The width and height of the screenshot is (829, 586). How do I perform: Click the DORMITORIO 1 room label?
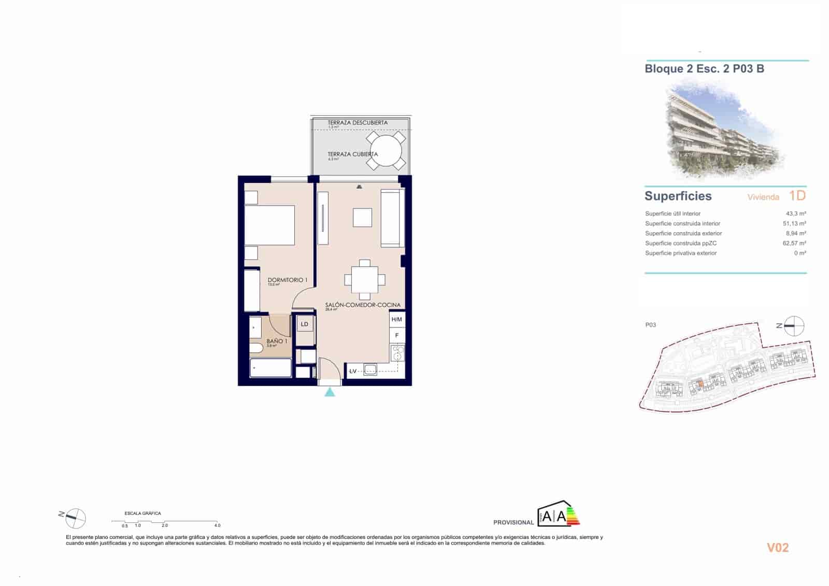tap(287, 280)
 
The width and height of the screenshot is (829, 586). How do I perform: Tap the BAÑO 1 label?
tap(277, 341)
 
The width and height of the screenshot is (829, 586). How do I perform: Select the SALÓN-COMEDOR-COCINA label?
tap(363, 305)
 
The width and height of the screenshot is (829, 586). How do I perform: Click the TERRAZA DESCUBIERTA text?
tap(358, 123)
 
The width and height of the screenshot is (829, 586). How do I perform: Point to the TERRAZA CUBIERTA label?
tap(352, 154)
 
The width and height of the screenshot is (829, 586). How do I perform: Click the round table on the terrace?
tap(386, 151)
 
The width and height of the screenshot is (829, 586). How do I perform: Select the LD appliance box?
tap(305, 324)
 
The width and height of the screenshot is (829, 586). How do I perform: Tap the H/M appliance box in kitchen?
tap(397, 320)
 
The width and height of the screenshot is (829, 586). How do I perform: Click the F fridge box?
tap(397, 335)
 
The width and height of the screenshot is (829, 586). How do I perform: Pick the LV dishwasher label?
tap(353, 371)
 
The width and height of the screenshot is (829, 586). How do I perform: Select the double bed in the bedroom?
tap(269, 225)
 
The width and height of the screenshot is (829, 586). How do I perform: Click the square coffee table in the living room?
tap(363, 218)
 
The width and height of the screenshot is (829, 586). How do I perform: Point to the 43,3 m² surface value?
tap(795, 213)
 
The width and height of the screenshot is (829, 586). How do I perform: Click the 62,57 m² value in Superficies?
tap(794, 243)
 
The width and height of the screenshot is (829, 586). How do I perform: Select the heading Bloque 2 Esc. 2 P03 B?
tap(704, 69)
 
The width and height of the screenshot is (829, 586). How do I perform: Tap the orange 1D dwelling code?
tap(797, 195)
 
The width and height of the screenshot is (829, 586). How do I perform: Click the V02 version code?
tap(777, 548)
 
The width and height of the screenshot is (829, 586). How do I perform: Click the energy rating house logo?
tap(559, 514)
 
